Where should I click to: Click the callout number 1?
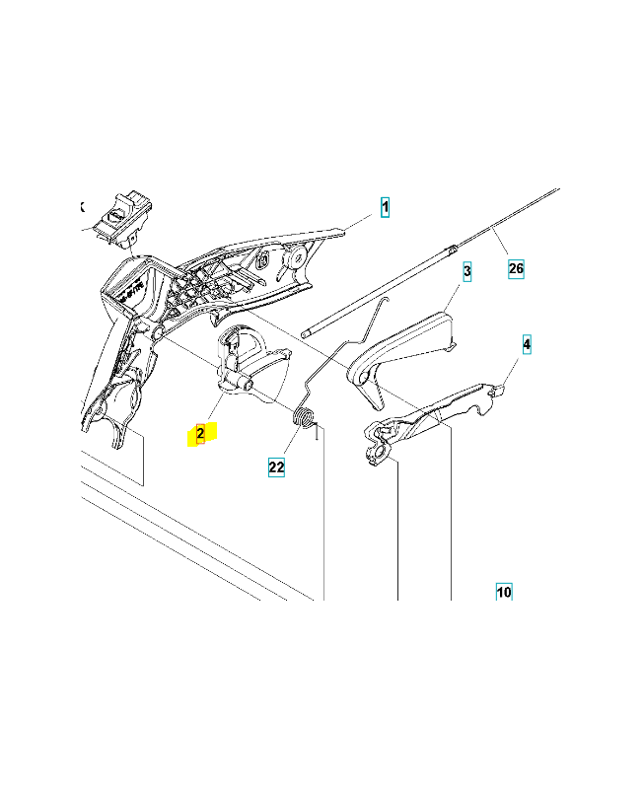click(x=385, y=207)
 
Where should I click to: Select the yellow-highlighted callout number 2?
click(x=200, y=433)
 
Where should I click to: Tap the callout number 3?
click(x=466, y=271)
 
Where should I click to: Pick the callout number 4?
click(x=527, y=344)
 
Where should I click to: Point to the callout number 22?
click(x=276, y=466)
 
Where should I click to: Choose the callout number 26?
click(x=516, y=268)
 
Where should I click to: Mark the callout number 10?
click(x=504, y=592)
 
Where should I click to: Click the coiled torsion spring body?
click(x=304, y=417)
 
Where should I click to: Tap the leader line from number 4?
click(x=510, y=372)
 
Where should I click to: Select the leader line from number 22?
click(x=292, y=441)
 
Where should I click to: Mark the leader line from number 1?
click(x=358, y=223)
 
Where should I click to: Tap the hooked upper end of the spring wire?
click(x=384, y=301)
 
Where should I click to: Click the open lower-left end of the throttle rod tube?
click(x=305, y=333)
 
